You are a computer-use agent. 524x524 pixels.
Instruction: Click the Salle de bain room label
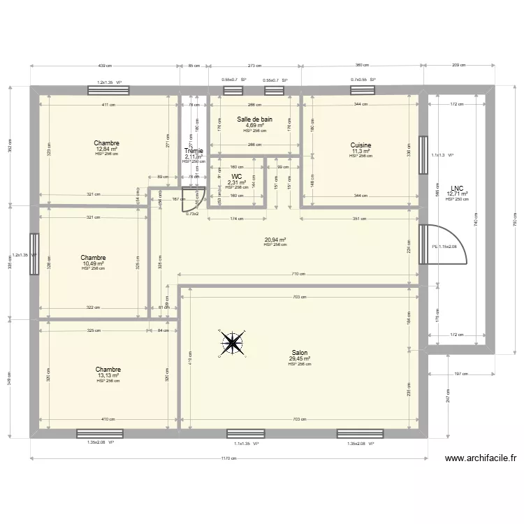[254, 119]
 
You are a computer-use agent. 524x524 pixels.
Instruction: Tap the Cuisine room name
[361, 145]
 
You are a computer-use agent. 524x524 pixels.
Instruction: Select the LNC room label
[458, 188]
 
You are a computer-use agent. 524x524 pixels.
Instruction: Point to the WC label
[237, 177]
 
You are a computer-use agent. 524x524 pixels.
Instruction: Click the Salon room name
[300, 354]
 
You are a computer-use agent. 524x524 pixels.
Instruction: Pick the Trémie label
[194, 151]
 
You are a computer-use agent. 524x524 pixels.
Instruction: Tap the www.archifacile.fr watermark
[480, 459]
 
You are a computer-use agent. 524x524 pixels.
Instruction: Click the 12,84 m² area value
[107, 150]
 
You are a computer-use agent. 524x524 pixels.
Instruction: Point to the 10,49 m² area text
[92, 263]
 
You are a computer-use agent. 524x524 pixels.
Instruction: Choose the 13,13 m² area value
[108, 376]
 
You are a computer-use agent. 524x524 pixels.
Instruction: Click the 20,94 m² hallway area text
[275, 240]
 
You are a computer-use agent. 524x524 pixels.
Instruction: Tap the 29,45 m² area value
[300, 359]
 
